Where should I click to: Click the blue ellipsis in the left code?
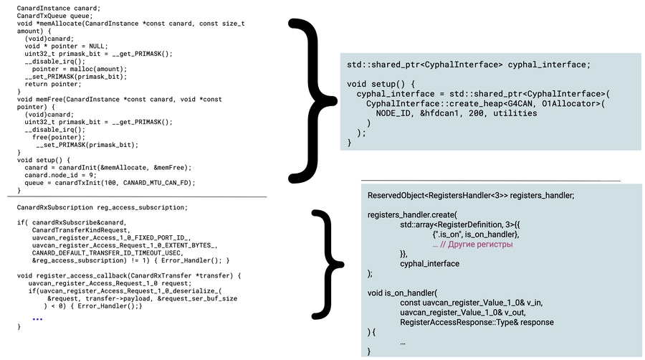tap(37, 318)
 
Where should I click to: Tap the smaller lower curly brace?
tap(327, 262)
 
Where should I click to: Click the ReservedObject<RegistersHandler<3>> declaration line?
tap(470, 195)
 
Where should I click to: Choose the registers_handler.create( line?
tap(411, 214)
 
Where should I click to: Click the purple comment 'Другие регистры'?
tap(477, 245)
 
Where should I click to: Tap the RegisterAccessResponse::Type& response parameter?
tap(477, 322)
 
